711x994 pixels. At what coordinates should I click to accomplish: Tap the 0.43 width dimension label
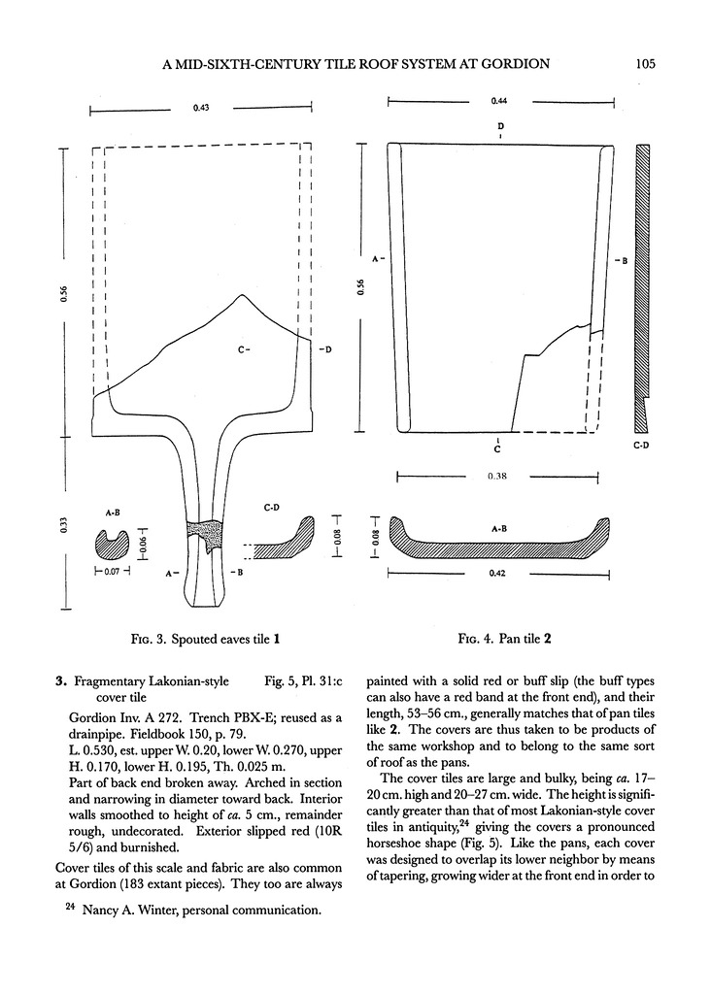[x=199, y=108]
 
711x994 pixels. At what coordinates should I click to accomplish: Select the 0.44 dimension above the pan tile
[x=498, y=100]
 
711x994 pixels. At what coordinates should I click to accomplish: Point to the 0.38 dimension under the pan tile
[x=497, y=476]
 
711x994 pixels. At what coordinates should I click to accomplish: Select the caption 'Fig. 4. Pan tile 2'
[x=505, y=640]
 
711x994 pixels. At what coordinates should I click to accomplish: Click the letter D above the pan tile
[x=500, y=126]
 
